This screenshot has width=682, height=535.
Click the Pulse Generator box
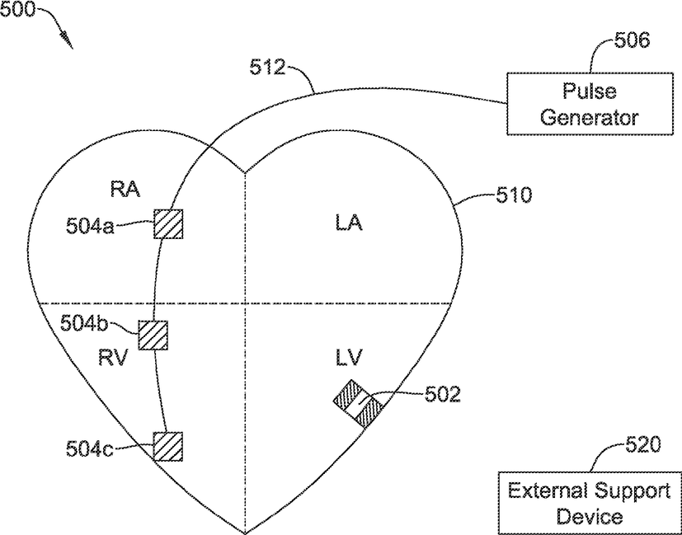pos(589,103)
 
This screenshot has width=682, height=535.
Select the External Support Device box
pos(589,504)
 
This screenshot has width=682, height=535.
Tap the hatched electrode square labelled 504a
pos(168,224)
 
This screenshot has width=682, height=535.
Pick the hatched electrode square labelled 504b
pos(153,336)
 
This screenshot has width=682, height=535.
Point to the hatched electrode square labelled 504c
pos(168,446)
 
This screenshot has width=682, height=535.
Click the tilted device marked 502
pos(359,403)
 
